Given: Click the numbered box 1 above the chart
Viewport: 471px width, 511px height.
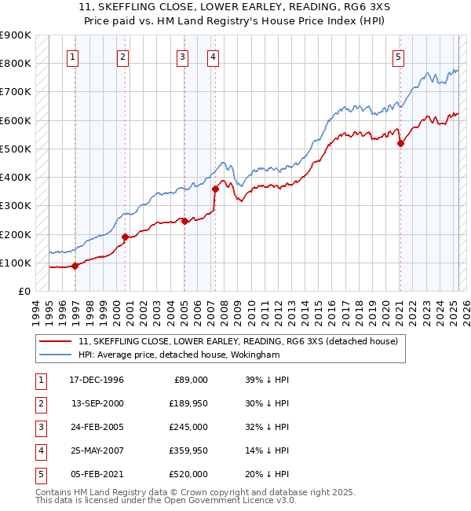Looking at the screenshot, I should (72, 57).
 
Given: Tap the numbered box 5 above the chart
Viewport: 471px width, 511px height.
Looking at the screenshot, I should (399, 57).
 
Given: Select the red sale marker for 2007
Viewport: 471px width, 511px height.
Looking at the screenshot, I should (215, 189).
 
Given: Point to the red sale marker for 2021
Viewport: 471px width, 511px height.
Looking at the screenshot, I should (400, 143).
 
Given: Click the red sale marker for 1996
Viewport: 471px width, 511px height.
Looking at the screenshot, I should (75, 266).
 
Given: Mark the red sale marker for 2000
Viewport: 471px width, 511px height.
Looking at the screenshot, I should (125, 237).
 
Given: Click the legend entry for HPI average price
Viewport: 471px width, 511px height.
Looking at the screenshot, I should (180, 355).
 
